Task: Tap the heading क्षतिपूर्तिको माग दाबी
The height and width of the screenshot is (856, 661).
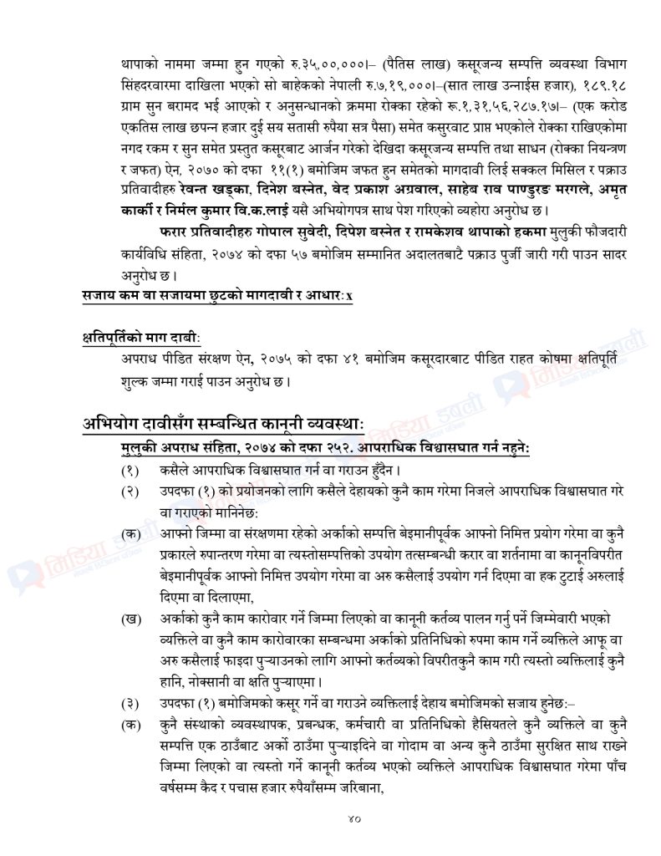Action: point(146,337)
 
